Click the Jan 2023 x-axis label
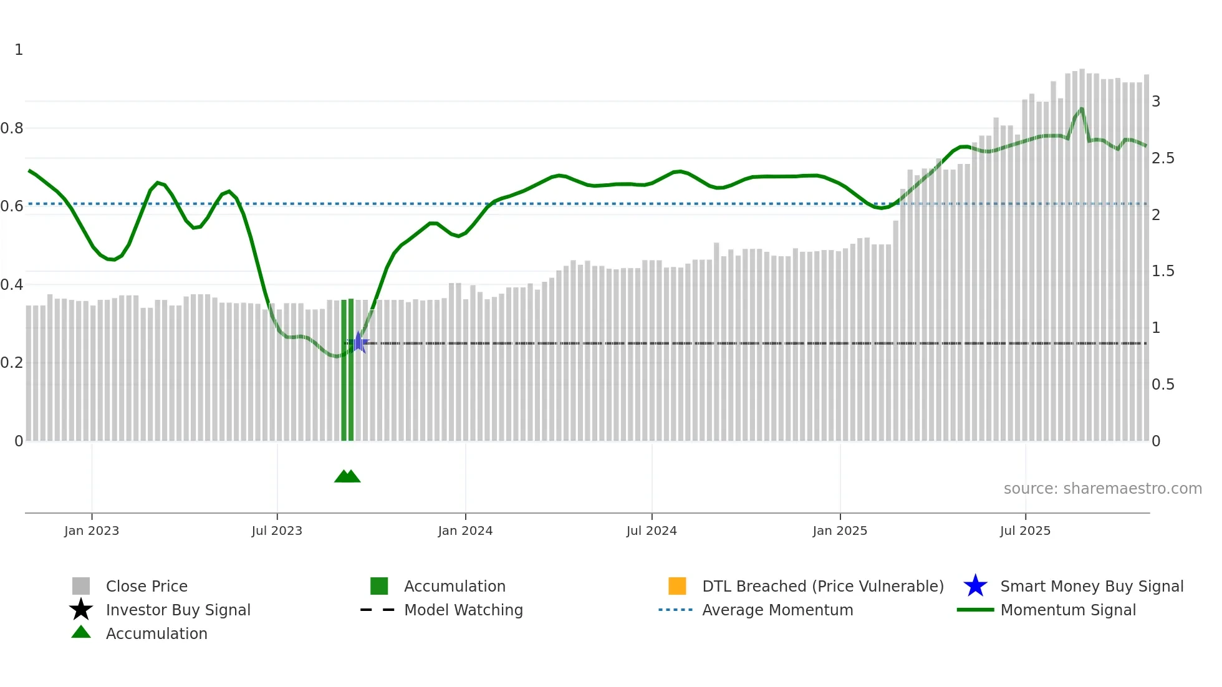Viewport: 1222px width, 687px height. coord(91,531)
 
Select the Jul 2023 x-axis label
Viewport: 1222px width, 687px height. coord(277,531)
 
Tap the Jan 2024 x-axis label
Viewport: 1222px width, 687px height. coord(465,531)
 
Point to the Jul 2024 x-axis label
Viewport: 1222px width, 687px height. coord(652,531)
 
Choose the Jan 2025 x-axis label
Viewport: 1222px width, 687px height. coord(840,531)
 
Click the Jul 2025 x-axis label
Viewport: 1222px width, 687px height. coord(1025,531)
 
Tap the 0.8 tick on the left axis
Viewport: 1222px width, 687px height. coord(12,128)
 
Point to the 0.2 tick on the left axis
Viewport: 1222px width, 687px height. coord(12,363)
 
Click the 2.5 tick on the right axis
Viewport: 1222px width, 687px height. coord(1163,158)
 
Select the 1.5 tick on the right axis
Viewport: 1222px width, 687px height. coord(1163,271)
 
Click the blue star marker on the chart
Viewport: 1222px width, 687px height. coord(358,342)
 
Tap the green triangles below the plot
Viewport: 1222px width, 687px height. coord(347,476)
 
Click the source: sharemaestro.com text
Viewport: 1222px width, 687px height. coord(1102,489)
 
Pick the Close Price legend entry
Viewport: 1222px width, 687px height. coord(147,587)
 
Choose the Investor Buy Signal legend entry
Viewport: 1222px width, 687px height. coord(178,610)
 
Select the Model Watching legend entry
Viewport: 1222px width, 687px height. coord(463,610)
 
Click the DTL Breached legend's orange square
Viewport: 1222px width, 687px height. coord(677,586)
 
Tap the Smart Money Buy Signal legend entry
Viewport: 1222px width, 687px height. coord(1092,587)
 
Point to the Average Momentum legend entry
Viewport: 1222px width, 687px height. coord(777,610)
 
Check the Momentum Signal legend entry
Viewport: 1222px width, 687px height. coord(1068,610)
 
